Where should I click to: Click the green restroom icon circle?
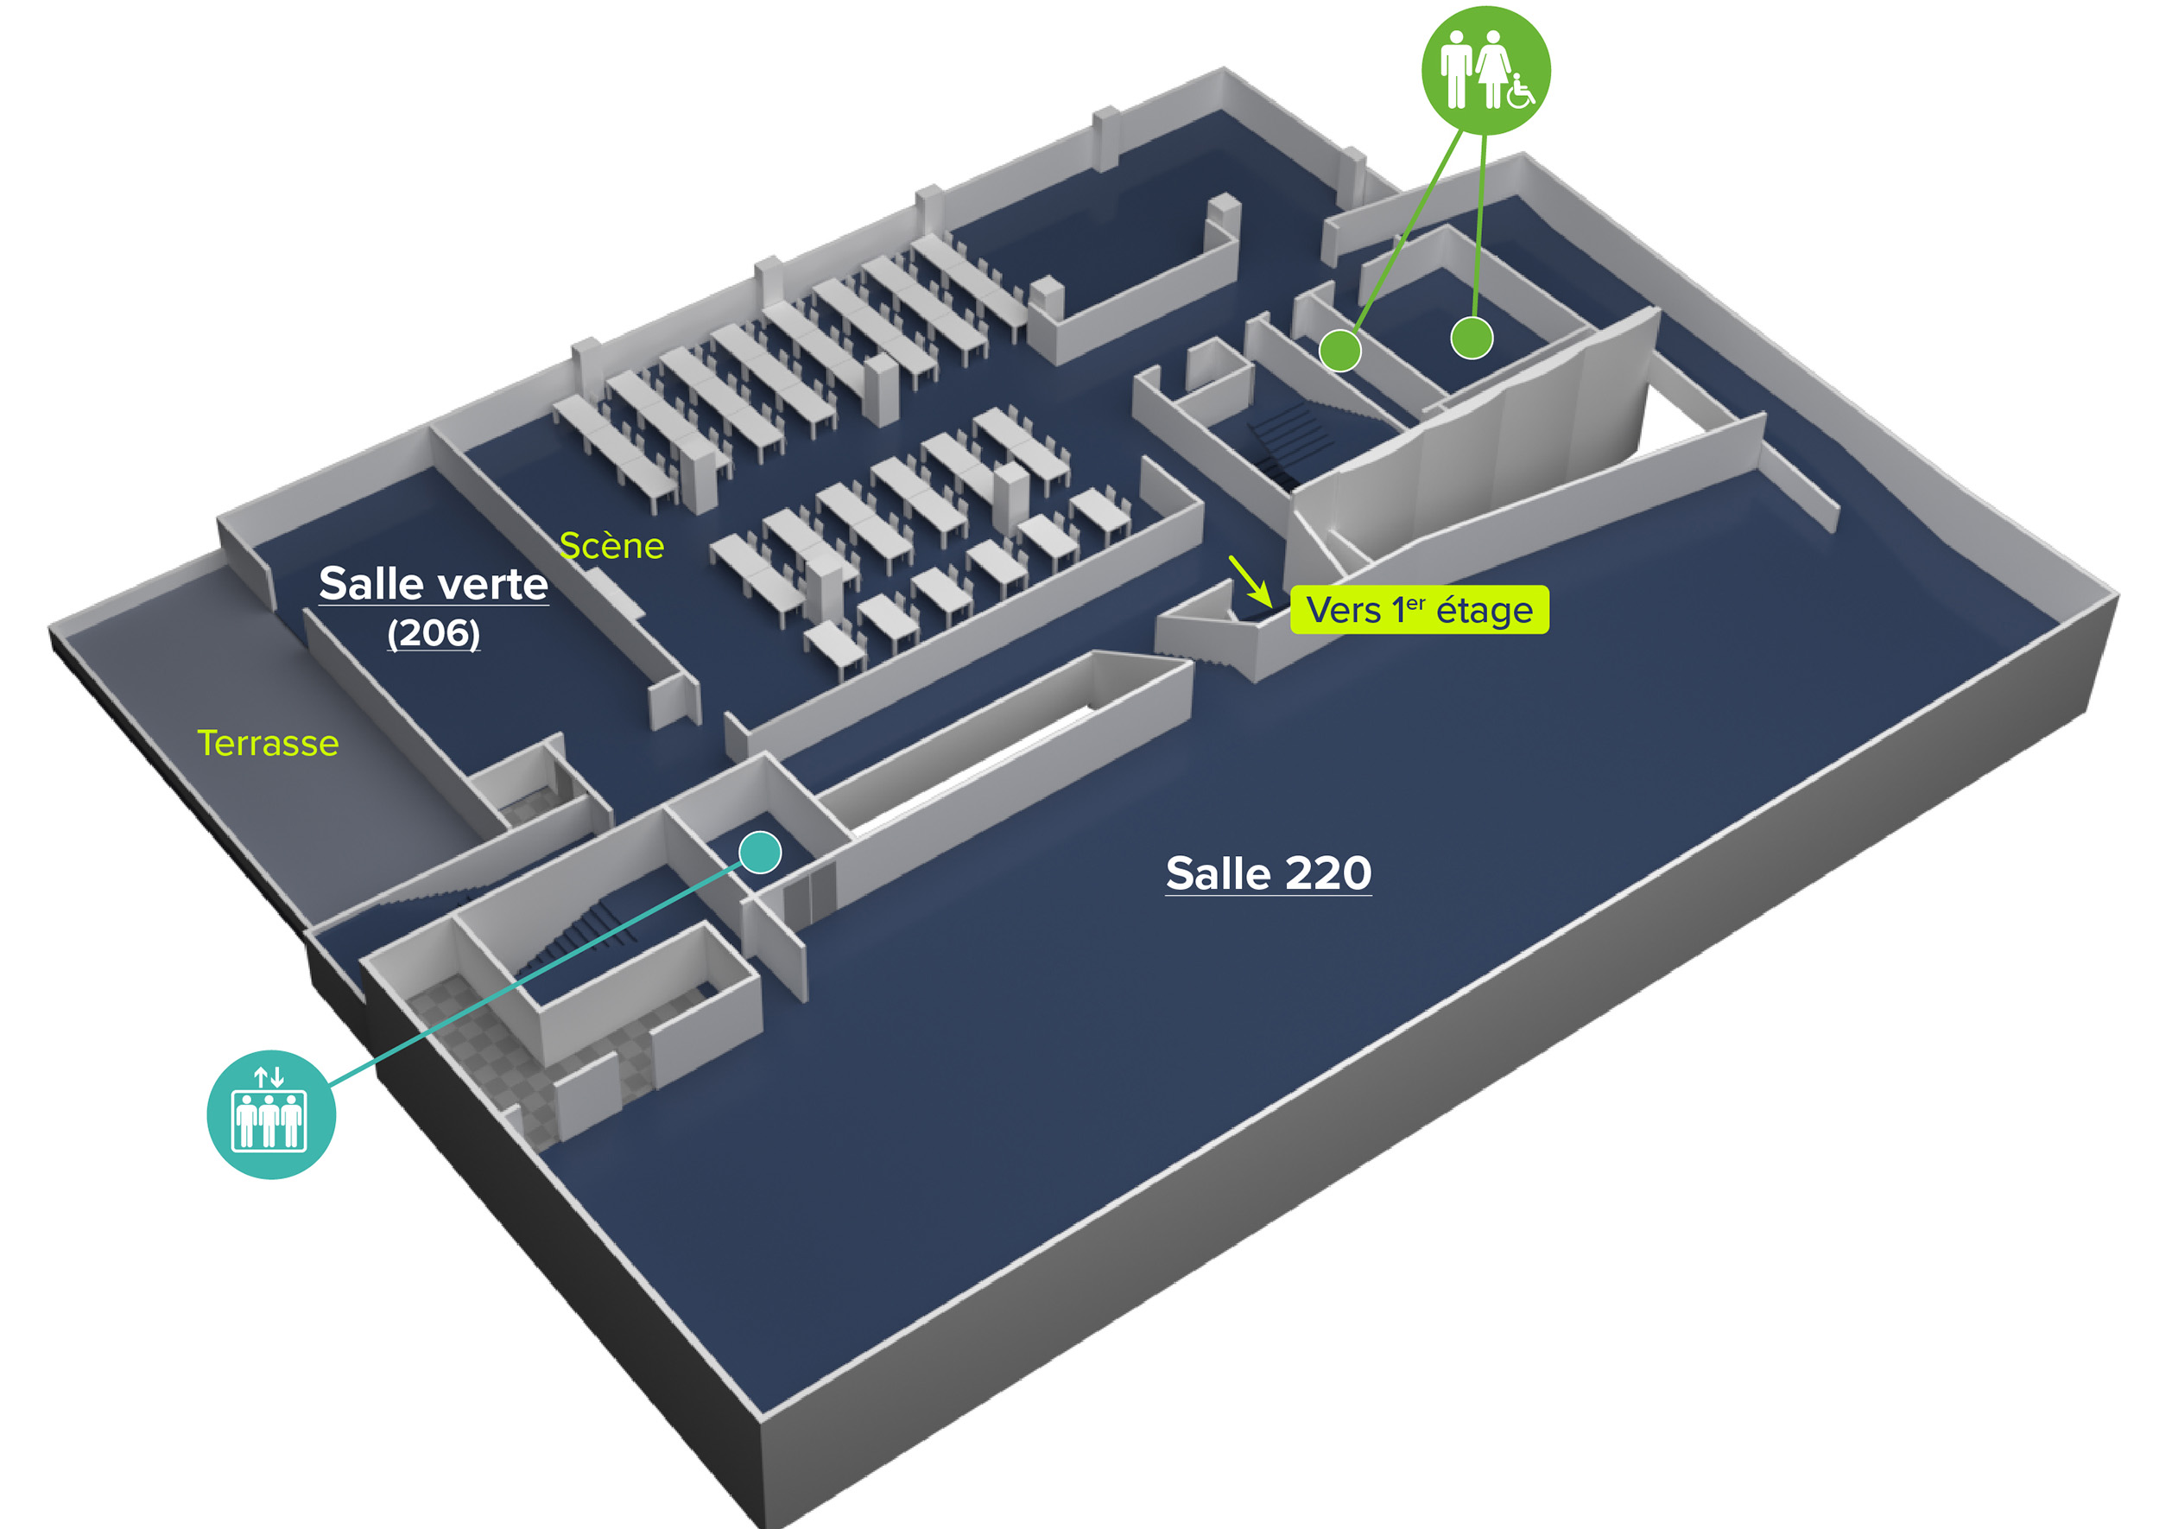pos(1485,70)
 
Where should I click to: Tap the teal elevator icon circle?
pos(271,1113)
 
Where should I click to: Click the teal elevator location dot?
pos(759,852)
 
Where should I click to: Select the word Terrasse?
pos(268,743)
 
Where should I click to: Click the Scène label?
pos(611,546)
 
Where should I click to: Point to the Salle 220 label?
pos(1268,872)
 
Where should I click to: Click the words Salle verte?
pos(433,584)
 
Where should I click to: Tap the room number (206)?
pos(433,632)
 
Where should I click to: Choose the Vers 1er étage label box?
pos(1418,610)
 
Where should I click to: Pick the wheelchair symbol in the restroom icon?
pos(1519,91)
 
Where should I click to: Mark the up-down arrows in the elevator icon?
pos(269,1076)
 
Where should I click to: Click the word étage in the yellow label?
pos(1485,610)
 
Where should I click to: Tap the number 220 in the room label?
pos(1328,872)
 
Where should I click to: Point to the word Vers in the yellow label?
pos(1343,610)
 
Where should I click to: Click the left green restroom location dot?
pos(1339,350)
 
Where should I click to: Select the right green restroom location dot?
pos(1471,338)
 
